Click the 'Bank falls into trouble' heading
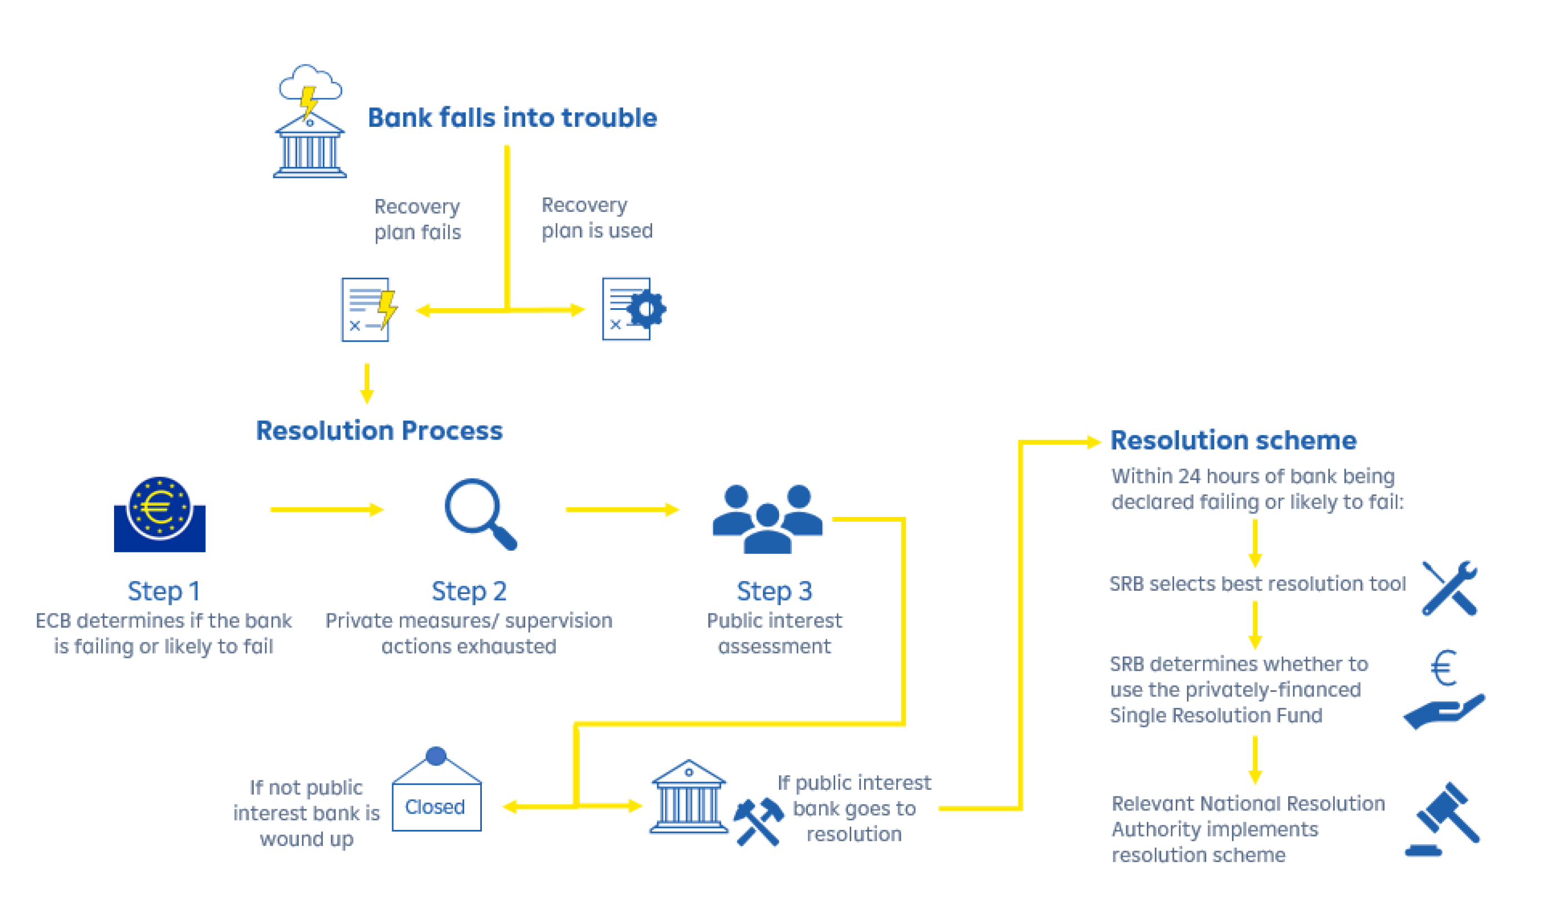click(512, 117)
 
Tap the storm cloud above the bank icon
click(310, 83)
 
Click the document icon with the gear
click(633, 309)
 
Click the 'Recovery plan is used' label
click(596, 217)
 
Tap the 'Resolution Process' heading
click(379, 431)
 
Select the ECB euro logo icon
click(160, 514)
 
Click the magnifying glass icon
click(480, 514)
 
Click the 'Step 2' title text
click(469, 591)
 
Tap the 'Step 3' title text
click(774, 591)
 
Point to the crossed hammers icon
click(758, 820)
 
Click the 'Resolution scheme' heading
click(1233, 440)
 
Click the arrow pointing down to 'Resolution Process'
click(367, 384)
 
